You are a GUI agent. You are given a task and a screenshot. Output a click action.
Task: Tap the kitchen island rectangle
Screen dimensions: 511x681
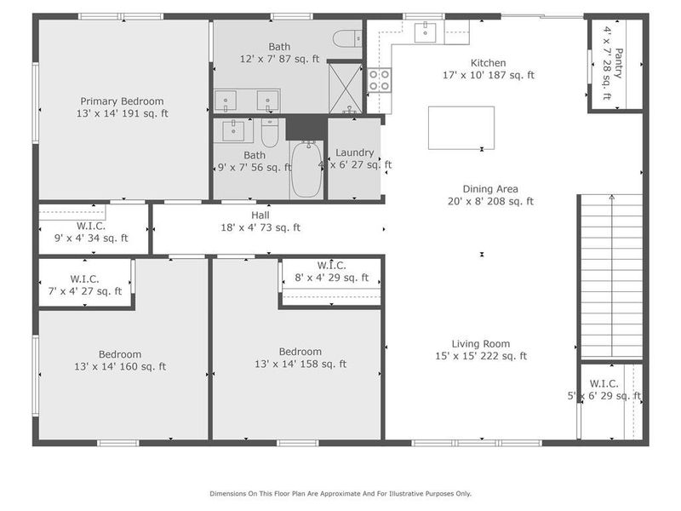click(461, 127)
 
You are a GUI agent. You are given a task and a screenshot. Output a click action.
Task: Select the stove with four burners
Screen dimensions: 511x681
click(379, 80)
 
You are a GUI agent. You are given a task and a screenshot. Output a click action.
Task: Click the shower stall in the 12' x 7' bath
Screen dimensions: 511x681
click(345, 85)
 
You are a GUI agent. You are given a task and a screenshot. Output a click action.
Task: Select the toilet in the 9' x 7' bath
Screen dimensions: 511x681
click(270, 134)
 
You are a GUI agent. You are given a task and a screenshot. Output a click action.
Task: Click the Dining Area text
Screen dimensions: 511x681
click(489, 195)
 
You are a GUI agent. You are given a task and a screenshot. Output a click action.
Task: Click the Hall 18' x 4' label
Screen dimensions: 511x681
click(260, 221)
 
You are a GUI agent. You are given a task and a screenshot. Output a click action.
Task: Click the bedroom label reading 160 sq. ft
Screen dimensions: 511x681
click(120, 360)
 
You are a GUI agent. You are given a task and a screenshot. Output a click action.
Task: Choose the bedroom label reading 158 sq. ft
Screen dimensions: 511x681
click(300, 358)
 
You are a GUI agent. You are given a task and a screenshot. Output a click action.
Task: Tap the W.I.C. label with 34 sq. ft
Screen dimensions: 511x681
click(90, 232)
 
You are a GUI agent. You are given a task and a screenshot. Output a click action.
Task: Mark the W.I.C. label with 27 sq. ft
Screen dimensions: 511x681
click(85, 284)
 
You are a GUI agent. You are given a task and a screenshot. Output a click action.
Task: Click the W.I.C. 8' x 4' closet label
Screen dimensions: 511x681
click(331, 271)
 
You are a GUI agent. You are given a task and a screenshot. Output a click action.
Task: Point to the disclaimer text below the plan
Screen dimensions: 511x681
click(340, 493)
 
